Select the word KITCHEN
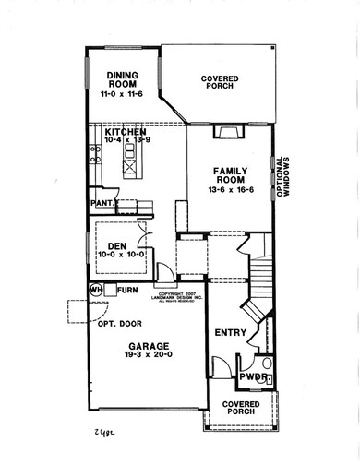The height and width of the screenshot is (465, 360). (126, 133)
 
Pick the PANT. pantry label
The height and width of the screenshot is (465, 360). (104, 201)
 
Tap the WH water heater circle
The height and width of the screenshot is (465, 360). (94, 290)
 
